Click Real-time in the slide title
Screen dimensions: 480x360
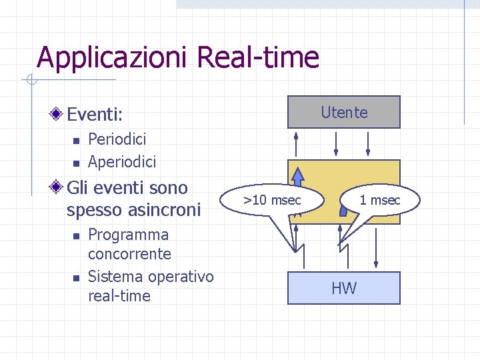tap(259, 57)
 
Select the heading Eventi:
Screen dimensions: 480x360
tap(95, 115)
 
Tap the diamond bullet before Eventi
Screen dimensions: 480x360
tap(58, 114)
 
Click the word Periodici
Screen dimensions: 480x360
tap(117, 139)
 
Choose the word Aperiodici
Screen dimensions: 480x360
tap(122, 161)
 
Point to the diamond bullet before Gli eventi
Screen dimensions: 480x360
tap(58, 188)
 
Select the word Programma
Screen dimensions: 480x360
tap(128, 235)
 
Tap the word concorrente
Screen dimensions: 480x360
tap(129, 254)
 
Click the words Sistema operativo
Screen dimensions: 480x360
tap(151, 276)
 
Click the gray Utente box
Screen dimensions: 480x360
tap(344, 112)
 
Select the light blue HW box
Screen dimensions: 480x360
tap(344, 288)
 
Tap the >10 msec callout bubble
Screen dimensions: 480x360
tap(273, 199)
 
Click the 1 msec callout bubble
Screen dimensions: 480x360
tap(380, 199)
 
